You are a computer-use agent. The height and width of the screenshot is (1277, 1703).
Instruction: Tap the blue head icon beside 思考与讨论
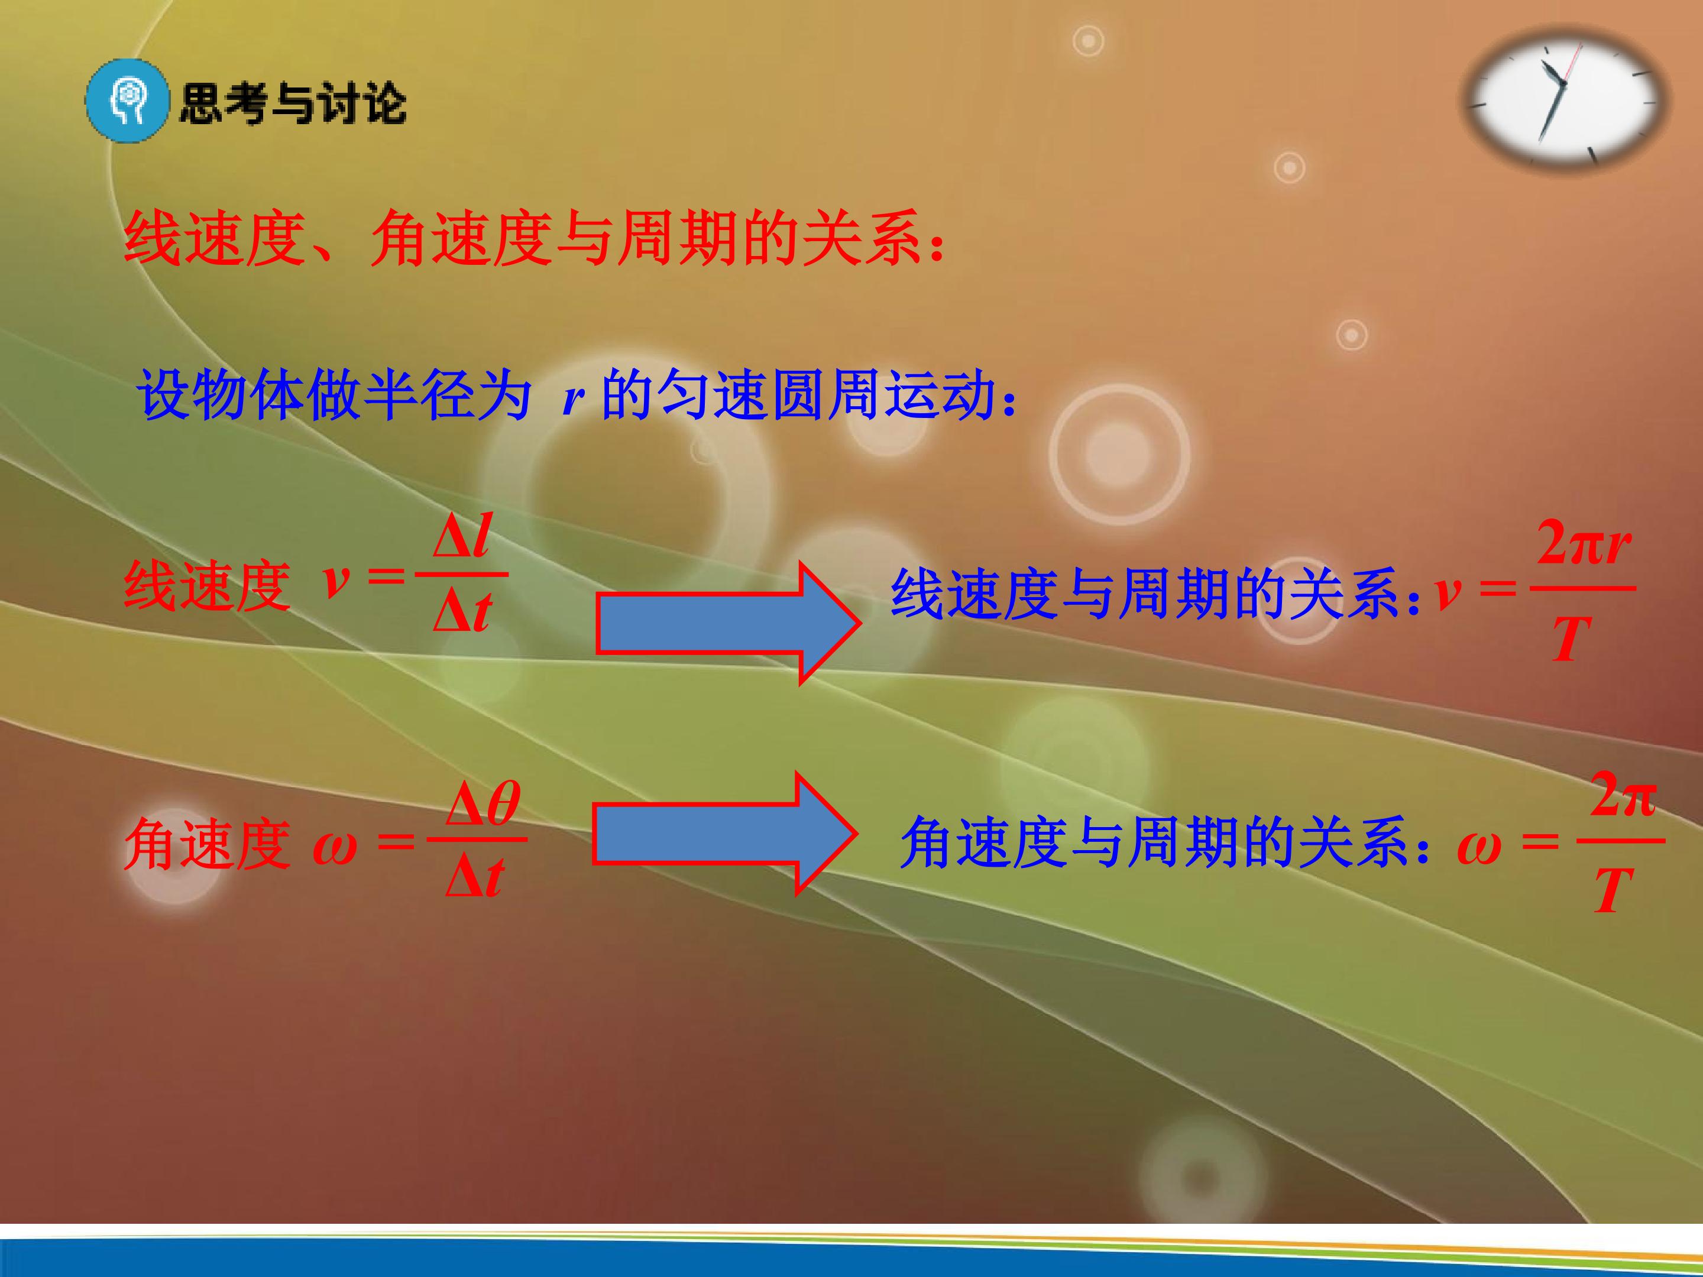127,102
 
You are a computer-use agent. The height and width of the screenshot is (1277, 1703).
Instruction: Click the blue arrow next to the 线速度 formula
727,623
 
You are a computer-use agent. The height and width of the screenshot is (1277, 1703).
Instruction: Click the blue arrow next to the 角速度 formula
724,833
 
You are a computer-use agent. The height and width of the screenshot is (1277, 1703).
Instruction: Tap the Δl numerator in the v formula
462,535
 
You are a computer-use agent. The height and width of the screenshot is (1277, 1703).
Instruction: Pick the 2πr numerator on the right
1584,543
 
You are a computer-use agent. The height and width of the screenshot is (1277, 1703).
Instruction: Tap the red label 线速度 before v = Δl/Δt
207,586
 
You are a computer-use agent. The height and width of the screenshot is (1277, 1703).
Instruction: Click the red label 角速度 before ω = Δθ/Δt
207,844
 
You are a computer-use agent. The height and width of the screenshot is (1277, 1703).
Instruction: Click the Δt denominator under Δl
462,611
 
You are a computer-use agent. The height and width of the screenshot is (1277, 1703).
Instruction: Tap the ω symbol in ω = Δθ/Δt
335,849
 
